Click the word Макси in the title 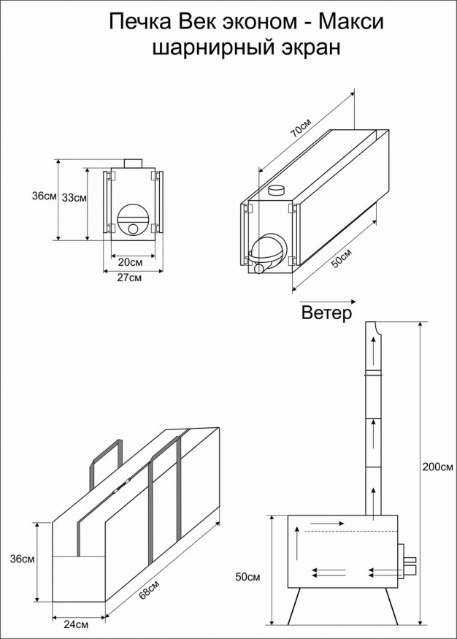(x=352, y=23)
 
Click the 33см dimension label (x=74, y=197)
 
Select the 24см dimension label (x=77, y=625)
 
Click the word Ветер (x=327, y=314)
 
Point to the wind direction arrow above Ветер (x=326, y=300)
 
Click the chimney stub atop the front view (x=132, y=163)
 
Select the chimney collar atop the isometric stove (x=277, y=191)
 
